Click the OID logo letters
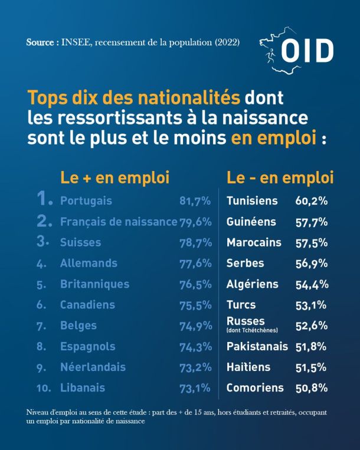307,51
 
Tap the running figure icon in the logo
270,55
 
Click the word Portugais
86,201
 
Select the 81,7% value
195,201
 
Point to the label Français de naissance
119,222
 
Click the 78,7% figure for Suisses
196,243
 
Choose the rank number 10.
44,388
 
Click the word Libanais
83,387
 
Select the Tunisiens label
252,201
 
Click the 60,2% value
312,201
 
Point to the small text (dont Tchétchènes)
252,330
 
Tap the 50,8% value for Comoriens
312,388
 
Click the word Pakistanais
257,346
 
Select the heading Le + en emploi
115,178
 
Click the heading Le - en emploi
280,178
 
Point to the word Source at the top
40,42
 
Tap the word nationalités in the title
189,97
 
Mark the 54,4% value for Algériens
312,284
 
